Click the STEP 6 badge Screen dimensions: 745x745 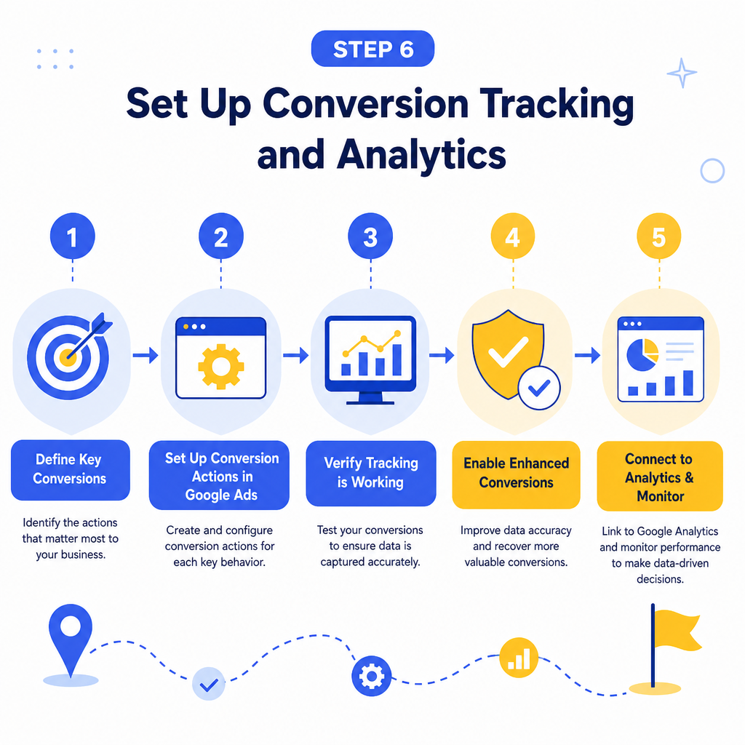click(372, 49)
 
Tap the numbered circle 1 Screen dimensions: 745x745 click(72, 236)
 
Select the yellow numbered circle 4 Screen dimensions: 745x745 click(513, 236)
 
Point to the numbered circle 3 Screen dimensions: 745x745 click(370, 236)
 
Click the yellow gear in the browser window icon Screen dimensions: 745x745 click(221, 367)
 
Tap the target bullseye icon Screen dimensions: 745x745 click(69, 356)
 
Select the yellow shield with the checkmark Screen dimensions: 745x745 click(508, 355)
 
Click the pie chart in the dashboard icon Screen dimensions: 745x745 click(642, 354)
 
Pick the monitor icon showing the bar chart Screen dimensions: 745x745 click(370, 360)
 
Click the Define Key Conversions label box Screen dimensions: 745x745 click(71, 470)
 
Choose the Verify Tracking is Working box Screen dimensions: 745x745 click(370, 473)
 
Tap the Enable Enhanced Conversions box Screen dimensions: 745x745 click(516, 474)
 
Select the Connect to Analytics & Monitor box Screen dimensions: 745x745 click(660, 476)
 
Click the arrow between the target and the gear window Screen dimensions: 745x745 click(146, 355)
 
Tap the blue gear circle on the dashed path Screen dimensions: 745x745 click(372, 676)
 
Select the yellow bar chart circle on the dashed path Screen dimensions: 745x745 click(519, 658)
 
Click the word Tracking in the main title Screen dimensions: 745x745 click(557, 105)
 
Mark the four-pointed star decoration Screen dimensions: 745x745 click(682, 73)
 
